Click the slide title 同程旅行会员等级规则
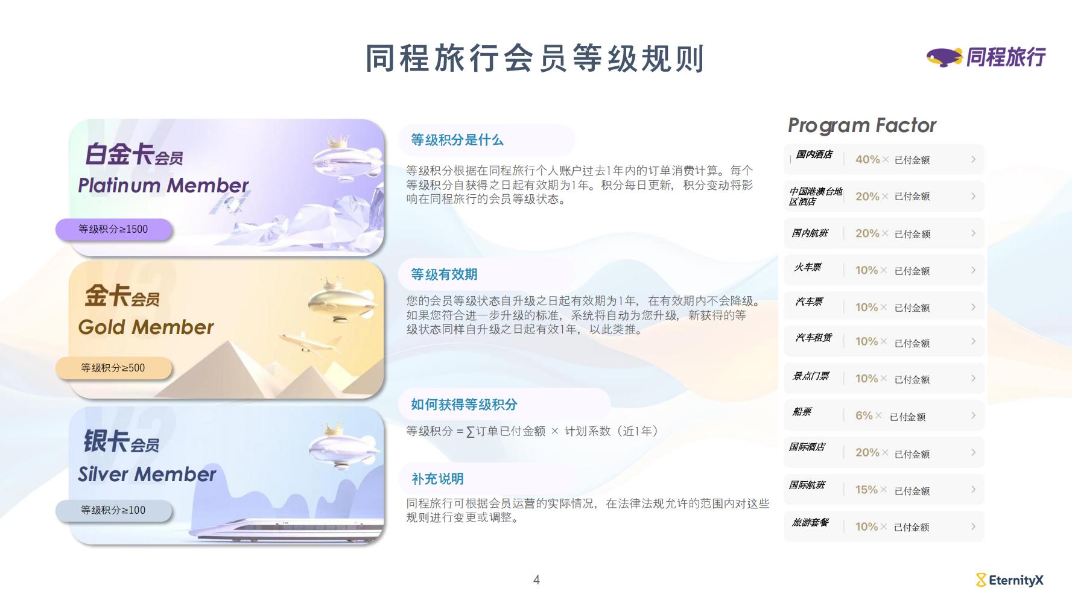click(535, 58)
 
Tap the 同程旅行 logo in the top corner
click(986, 57)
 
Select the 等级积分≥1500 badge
click(113, 229)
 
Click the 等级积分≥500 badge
click(113, 368)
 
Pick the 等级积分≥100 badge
click(113, 510)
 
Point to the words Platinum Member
click(163, 185)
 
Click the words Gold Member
click(145, 327)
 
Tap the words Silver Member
click(147, 474)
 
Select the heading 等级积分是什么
click(457, 140)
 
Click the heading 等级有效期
click(444, 274)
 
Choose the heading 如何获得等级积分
click(464, 405)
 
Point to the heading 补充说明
click(437, 479)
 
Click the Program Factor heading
click(862, 125)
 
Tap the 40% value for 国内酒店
click(867, 159)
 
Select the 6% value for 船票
click(864, 415)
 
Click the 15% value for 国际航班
click(866, 490)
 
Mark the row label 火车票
click(807, 267)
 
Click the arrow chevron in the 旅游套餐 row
click(973, 526)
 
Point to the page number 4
click(536, 580)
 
